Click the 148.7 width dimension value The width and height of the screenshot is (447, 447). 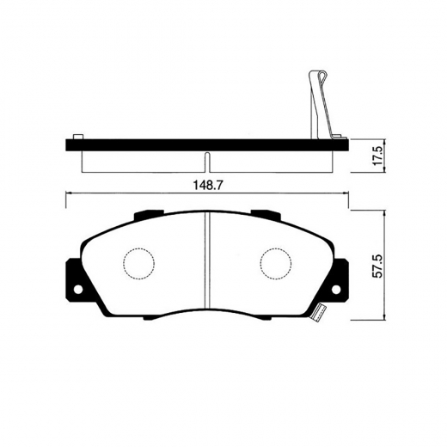pos(206,184)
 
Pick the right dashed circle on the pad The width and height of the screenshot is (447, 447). pos(275,264)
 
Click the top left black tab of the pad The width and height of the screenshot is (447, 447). pos(146,213)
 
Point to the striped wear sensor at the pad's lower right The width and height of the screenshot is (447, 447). pos(318,315)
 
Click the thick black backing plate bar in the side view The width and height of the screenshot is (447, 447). pos(206,144)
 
